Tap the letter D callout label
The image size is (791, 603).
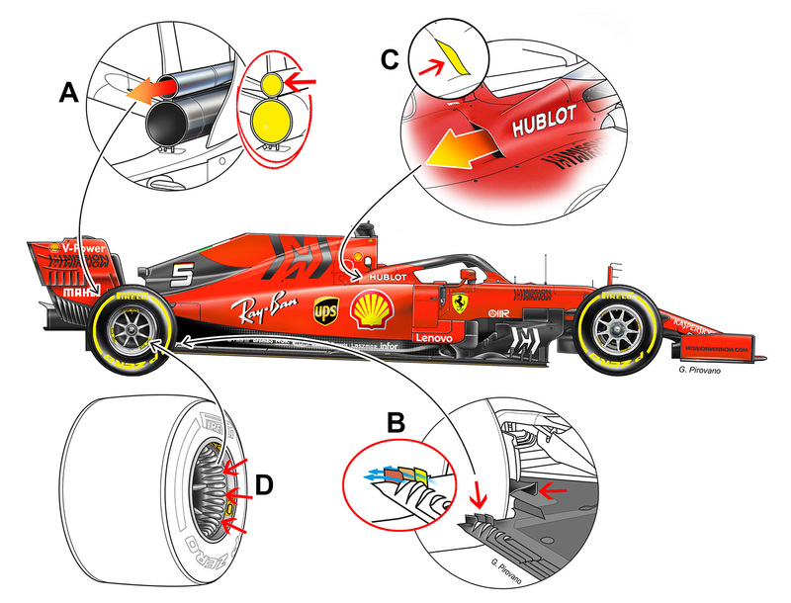(264, 486)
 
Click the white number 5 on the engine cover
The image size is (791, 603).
(180, 277)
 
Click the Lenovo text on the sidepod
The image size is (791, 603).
(433, 338)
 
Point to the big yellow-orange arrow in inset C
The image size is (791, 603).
(465, 151)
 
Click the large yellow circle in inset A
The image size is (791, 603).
(266, 126)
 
